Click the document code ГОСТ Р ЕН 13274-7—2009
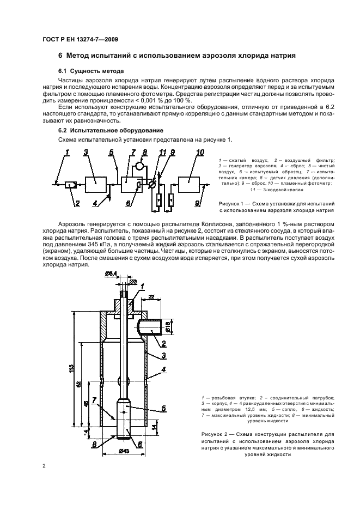80,39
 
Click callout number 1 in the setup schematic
68,152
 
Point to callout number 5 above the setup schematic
111,152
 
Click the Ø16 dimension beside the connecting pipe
169,327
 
